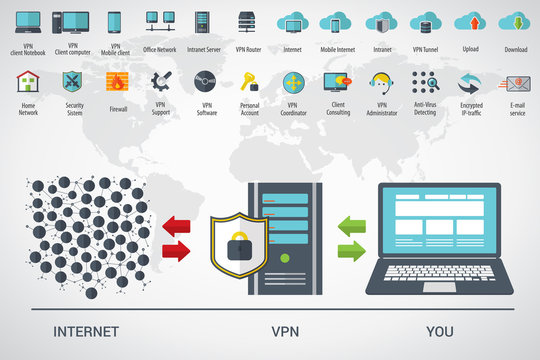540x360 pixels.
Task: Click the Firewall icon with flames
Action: point(118,82)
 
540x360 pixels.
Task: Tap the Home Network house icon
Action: point(28,82)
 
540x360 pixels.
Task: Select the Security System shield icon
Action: point(74,81)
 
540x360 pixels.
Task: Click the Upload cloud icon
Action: point(469,22)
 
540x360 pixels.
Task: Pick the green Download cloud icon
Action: point(514,22)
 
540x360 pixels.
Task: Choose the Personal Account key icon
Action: point(249,81)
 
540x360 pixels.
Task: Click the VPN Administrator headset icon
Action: point(381,81)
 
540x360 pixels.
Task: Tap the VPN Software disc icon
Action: point(206,81)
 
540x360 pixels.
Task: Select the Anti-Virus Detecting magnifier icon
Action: point(425,81)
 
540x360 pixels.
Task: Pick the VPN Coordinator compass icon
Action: point(293,82)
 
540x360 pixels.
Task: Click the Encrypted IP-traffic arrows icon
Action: point(470,82)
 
